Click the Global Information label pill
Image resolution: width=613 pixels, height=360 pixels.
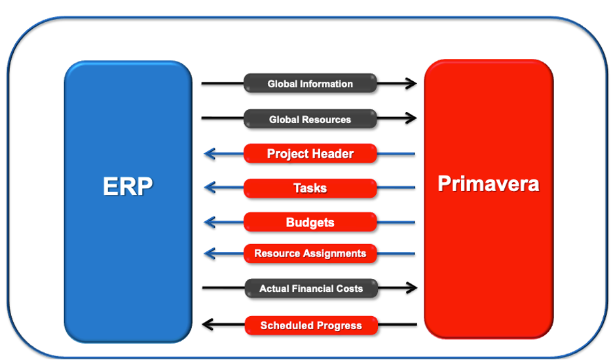tap(310, 83)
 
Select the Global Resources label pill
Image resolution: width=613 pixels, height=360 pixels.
tap(310, 119)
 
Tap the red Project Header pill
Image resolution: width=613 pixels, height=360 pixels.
tap(310, 154)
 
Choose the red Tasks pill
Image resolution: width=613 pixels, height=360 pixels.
tap(310, 188)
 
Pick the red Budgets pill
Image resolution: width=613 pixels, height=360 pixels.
tap(310, 222)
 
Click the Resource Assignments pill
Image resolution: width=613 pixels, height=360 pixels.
tap(310, 253)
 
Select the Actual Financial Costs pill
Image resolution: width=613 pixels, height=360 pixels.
tap(311, 289)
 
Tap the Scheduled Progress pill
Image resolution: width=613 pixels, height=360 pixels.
tap(311, 325)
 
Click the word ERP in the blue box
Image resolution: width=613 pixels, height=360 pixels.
tap(128, 186)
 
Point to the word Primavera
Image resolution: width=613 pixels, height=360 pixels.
tap(489, 183)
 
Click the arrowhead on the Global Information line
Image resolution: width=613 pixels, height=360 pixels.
tap(411, 83)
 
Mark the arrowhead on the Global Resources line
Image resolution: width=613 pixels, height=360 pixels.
tap(411, 118)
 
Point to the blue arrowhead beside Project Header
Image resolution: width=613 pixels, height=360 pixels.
tap(210, 154)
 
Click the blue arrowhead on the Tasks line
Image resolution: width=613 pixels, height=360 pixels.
tap(210, 188)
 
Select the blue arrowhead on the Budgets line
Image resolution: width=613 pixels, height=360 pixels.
tap(210, 223)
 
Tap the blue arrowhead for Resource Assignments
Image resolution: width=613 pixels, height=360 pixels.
tap(210, 254)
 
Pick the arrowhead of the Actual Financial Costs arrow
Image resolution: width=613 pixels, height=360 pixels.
tap(412, 288)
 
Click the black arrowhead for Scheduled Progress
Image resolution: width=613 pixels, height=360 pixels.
tap(208, 325)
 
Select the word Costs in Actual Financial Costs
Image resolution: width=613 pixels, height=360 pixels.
tap(350, 289)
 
